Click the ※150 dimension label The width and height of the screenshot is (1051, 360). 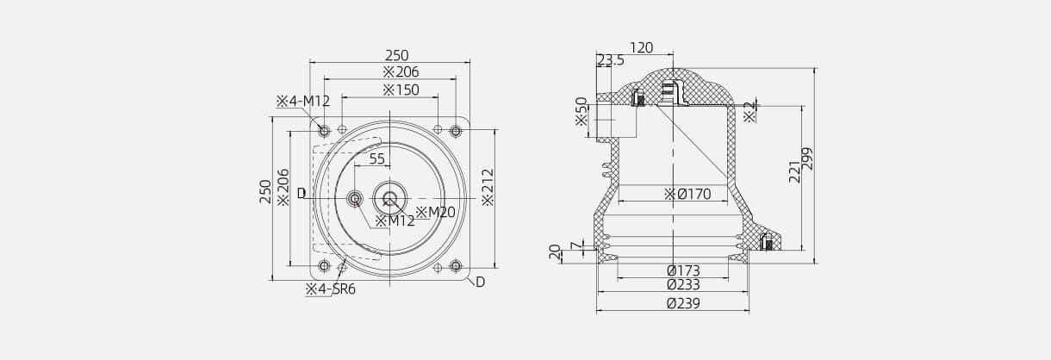[x=401, y=90]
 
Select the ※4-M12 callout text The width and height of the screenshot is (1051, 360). [x=302, y=101]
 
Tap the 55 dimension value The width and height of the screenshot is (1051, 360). [x=377, y=158]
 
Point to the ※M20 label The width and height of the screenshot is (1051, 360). [x=435, y=212]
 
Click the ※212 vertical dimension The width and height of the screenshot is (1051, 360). [x=487, y=187]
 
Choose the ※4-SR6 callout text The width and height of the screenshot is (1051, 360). [x=330, y=289]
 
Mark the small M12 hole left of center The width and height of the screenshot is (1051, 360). [x=354, y=200]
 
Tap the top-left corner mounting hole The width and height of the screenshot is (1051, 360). [x=324, y=131]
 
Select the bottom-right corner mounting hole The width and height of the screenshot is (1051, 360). [x=456, y=265]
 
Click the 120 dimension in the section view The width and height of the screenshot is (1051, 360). [x=641, y=48]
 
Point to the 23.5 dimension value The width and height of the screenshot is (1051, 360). [x=611, y=60]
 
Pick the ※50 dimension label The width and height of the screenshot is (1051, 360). [x=581, y=111]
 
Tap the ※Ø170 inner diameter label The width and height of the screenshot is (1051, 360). [x=687, y=195]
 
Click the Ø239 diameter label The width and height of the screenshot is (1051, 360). [x=683, y=303]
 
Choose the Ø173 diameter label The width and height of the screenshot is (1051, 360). [x=683, y=270]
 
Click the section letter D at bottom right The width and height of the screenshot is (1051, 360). [x=480, y=282]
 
